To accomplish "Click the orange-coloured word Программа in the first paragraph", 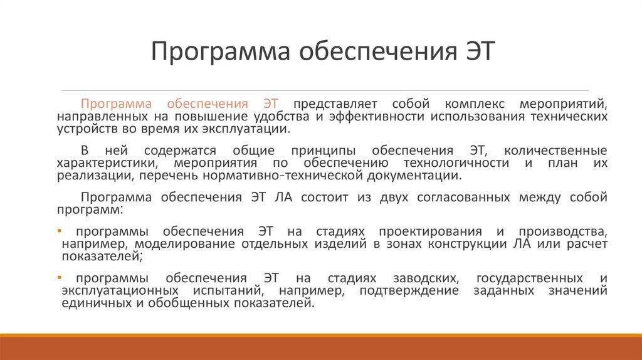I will click(x=117, y=103).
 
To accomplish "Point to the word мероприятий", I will click(x=563, y=103).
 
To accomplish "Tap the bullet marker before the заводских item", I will click(x=59, y=277).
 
